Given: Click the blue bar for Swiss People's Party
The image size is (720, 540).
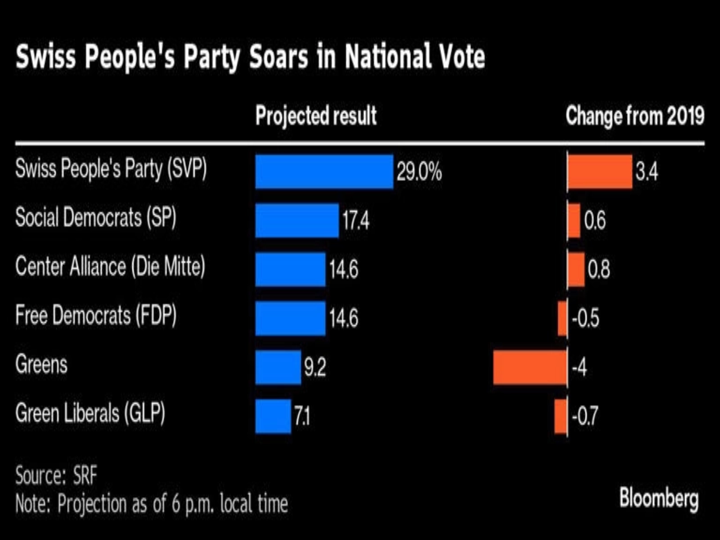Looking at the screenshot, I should coord(324,171).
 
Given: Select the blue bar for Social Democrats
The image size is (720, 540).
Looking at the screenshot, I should coord(297,220).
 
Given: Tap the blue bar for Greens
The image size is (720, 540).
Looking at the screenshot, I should coord(278,367).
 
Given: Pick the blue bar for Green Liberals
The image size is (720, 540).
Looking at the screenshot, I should coord(273,416).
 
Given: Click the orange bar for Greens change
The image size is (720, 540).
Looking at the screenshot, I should coord(530,367).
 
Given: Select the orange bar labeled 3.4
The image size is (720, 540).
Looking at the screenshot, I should coord(599,171).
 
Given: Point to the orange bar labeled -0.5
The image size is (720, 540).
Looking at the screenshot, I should coord(562,319).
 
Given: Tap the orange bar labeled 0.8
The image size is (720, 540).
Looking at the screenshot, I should coord(576,269).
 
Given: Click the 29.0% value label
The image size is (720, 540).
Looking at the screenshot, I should coord(419,172).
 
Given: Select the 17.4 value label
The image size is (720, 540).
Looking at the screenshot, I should coord(355,220).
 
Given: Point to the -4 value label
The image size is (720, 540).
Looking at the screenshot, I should coord(579,368).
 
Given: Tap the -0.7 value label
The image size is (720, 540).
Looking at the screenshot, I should coord(585,417).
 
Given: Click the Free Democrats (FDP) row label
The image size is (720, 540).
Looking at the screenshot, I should coord(96,315).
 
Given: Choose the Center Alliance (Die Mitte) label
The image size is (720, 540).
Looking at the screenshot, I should coord(110,266).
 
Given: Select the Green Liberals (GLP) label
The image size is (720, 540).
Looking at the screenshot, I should coord(90,413).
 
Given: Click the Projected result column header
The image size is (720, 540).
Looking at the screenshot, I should coord(316,116).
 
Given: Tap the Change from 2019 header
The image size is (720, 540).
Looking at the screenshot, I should coord(634,116).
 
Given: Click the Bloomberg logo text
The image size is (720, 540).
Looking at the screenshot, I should coord(659,499).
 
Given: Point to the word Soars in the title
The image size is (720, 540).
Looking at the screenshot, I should coord(279,57).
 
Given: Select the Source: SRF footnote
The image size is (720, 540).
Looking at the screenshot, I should coord(56,476).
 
